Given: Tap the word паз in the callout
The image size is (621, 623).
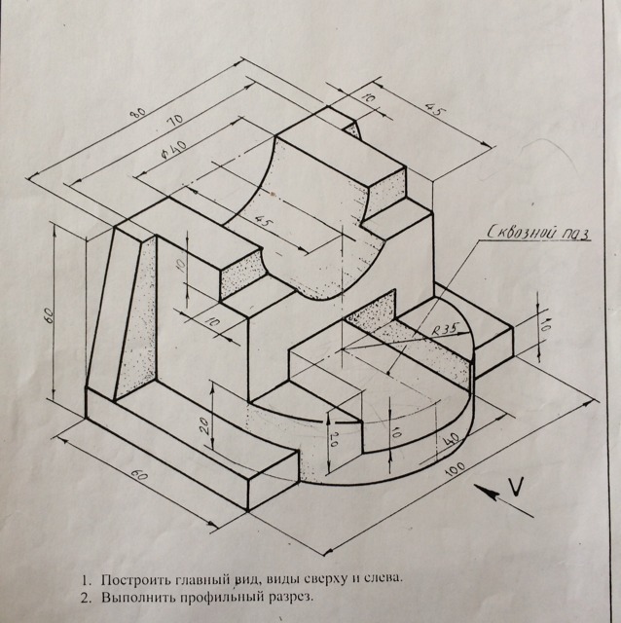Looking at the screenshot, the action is [x=574, y=235].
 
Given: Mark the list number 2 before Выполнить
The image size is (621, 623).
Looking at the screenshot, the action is [x=86, y=598].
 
